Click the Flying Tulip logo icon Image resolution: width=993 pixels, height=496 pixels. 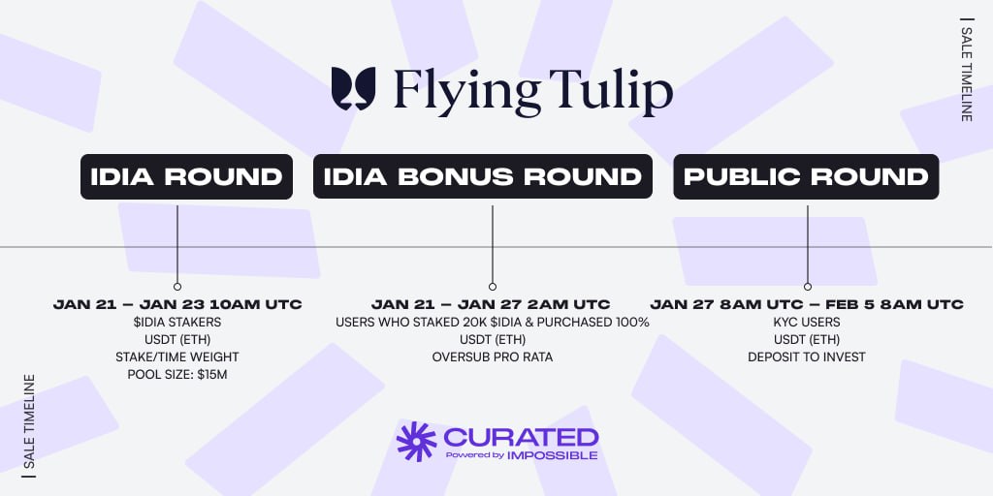point(353,88)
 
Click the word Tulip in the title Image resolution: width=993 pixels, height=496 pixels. point(611,92)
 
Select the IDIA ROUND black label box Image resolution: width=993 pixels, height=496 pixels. point(186,176)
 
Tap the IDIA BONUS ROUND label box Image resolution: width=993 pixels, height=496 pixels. point(483,176)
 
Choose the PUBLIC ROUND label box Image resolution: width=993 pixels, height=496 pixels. point(806,176)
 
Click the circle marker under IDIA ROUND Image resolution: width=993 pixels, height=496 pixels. point(177,287)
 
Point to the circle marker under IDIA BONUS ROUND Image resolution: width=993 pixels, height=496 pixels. point(492,287)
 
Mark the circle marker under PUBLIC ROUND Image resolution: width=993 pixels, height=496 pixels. point(808,287)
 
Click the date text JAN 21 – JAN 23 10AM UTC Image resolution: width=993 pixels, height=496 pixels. point(177,305)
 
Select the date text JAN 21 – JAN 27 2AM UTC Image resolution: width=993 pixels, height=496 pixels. point(491,305)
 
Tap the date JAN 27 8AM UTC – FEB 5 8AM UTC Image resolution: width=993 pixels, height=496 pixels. point(807,305)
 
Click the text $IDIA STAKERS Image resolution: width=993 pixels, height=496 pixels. point(177,323)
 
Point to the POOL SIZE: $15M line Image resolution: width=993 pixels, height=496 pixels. point(177,375)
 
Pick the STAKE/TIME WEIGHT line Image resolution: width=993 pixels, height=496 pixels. point(177,357)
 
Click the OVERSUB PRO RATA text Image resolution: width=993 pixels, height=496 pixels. point(492,357)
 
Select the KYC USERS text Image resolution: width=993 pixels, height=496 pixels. point(807,323)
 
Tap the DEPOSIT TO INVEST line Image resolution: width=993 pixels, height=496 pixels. point(807,357)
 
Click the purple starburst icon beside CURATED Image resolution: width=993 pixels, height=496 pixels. point(417,441)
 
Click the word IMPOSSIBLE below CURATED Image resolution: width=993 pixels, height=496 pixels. point(552,455)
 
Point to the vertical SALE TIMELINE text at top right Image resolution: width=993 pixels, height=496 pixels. point(966,70)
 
